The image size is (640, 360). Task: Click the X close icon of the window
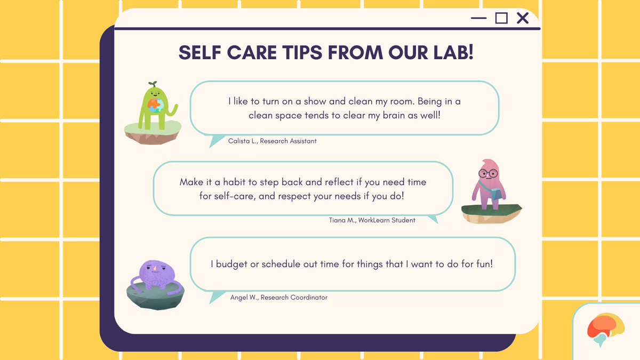tap(523, 18)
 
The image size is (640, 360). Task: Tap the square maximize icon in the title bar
tap(501, 18)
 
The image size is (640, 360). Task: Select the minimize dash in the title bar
tap(479, 19)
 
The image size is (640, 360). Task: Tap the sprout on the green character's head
tap(152, 84)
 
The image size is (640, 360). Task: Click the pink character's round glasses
tap(487, 173)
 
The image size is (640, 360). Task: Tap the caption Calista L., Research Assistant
tap(272, 141)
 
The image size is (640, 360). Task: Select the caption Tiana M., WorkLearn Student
tap(372, 220)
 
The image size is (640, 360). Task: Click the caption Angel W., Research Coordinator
tap(278, 298)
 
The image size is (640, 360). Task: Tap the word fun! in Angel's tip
tap(487, 264)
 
